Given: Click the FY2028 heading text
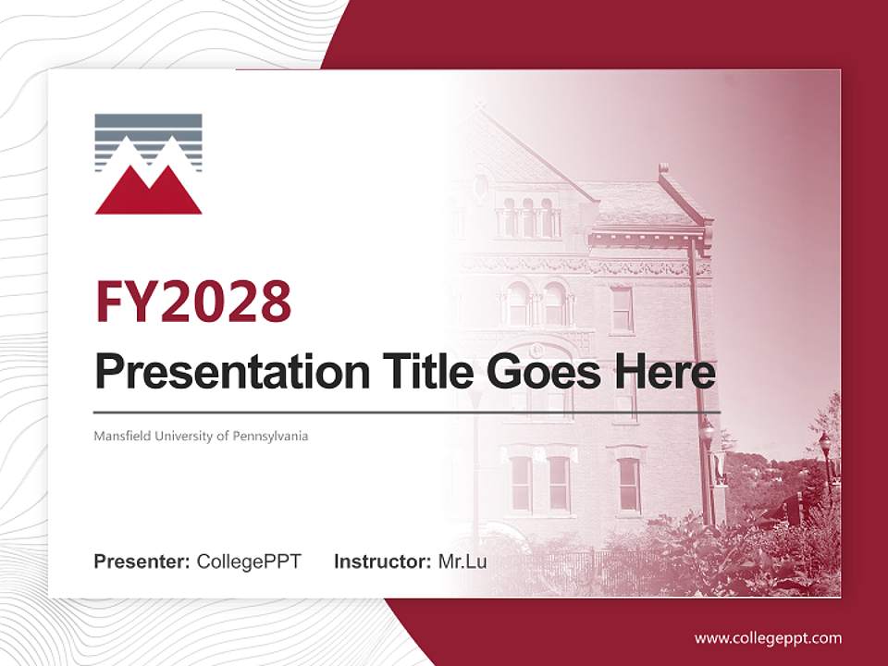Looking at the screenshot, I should click(x=193, y=302).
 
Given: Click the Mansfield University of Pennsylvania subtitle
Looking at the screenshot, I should click(x=201, y=436).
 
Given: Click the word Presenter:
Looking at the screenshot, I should click(x=142, y=561).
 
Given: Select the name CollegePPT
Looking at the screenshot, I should click(x=249, y=561).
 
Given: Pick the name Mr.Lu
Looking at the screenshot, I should click(x=462, y=561).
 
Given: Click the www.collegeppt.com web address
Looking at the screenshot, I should click(x=768, y=638).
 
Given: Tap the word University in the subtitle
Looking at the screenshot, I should click(x=179, y=436).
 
